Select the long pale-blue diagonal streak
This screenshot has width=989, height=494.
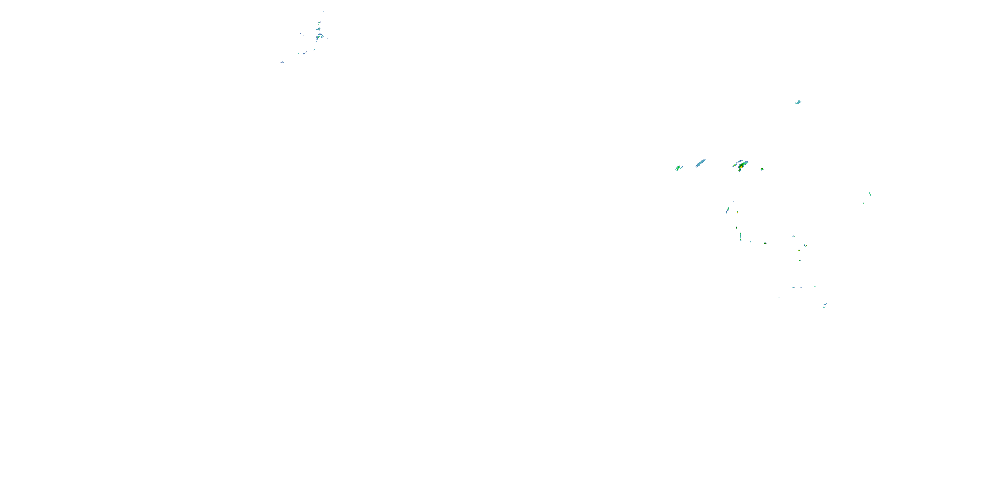click(701, 163)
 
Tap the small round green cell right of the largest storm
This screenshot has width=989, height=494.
click(762, 169)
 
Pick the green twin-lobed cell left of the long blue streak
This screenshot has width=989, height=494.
click(678, 168)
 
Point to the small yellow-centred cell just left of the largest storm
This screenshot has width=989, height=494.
click(735, 165)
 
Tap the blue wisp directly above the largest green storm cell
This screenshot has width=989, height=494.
click(739, 161)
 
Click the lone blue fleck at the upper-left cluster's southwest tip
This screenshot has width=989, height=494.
click(282, 62)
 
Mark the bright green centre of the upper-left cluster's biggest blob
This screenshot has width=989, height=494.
click(319, 37)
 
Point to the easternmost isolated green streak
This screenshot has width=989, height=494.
click(870, 194)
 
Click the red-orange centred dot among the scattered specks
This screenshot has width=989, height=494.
click(799, 250)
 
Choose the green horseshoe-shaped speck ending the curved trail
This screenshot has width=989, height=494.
click(765, 243)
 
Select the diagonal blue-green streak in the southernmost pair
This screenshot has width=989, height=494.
click(825, 304)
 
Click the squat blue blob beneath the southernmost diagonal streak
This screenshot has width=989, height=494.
click(824, 307)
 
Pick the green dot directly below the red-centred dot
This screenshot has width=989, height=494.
click(800, 261)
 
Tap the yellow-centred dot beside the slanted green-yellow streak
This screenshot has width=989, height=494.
click(737, 212)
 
